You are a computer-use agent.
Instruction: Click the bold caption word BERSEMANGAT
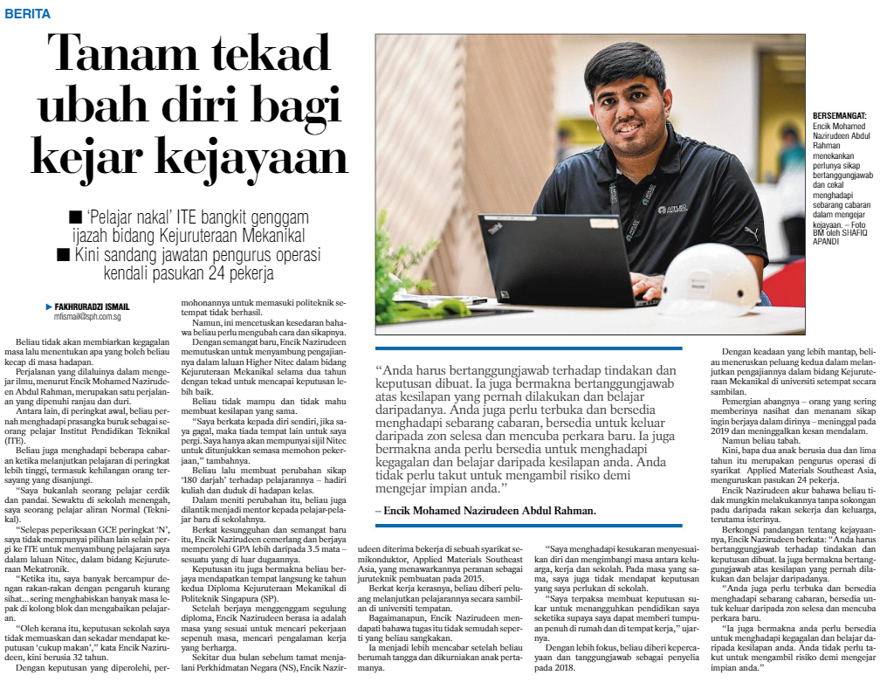[838, 115]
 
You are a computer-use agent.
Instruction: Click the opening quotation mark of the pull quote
[380, 371]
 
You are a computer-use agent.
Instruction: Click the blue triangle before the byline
[49, 307]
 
